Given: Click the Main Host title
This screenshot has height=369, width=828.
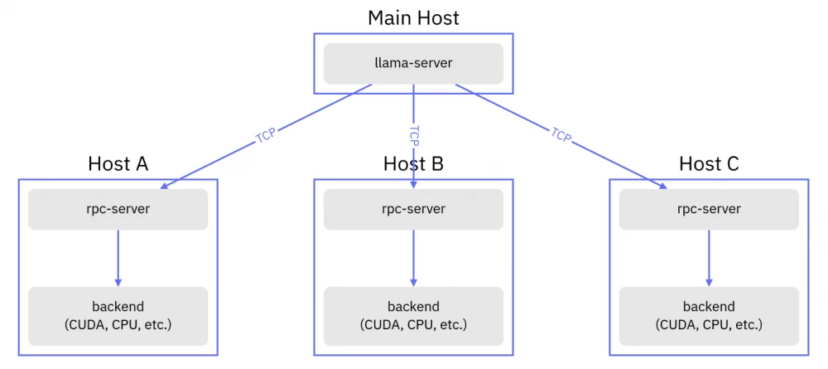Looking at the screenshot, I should (x=413, y=17).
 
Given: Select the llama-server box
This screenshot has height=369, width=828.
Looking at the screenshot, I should (x=413, y=63).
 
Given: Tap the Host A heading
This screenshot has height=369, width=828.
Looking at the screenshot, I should (x=118, y=163).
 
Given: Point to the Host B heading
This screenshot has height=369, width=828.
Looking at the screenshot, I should (x=413, y=163).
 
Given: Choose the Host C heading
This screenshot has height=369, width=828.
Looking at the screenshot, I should (x=709, y=163).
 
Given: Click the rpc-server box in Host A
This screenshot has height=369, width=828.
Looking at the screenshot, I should (x=118, y=209).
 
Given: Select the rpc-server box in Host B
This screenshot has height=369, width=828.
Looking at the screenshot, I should (x=413, y=209).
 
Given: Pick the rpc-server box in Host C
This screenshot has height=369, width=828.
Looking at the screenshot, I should (x=709, y=209).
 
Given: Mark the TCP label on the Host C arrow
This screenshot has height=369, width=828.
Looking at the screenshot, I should (x=561, y=134).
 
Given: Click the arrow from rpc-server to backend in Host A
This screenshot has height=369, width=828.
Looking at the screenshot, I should (x=118, y=257).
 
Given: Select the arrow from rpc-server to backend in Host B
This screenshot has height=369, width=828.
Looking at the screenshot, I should (x=413, y=257).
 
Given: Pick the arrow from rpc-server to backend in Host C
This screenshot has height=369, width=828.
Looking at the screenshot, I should (x=709, y=257).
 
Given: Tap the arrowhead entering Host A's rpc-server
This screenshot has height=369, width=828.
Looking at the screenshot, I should (x=166, y=187).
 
